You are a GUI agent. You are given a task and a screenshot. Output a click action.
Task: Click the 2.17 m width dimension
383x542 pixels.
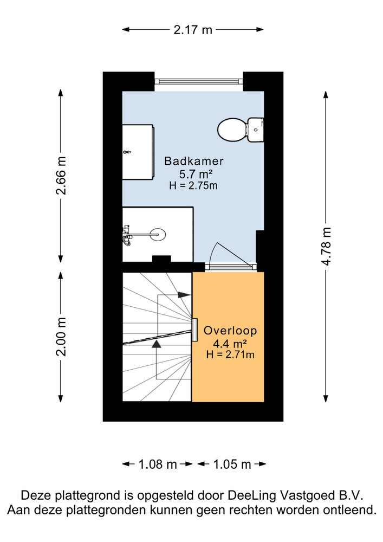pyautogui.click(x=193, y=30)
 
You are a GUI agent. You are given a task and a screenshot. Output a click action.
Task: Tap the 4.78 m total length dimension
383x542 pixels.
pyautogui.click(x=326, y=246)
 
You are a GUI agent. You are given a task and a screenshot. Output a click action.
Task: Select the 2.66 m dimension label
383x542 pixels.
pyautogui.click(x=61, y=176)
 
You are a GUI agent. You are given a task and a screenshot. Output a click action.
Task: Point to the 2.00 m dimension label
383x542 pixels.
pyautogui.click(x=61, y=337)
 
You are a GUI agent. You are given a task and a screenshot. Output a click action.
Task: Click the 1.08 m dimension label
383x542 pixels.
pyautogui.click(x=158, y=464)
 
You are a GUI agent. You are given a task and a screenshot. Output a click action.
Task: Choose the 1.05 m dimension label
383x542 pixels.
pyautogui.click(x=232, y=464)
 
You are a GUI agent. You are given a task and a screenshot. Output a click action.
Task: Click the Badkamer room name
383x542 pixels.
pyautogui.click(x=194, y=161)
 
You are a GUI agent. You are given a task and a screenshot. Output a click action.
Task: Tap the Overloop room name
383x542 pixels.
pyautogui.click(x=230, y=331)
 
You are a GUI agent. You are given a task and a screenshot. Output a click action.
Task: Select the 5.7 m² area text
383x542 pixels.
pyautogui.click(x=193, y=173)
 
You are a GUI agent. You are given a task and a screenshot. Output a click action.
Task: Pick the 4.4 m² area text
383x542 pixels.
pyautogui.click(x=230, y=343)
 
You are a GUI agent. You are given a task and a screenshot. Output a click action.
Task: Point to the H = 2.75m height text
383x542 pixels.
pyautogui.click(x=193, y=185)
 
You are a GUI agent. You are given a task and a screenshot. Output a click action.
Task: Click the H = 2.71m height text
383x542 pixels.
pyautogui.click(x=230, y=354)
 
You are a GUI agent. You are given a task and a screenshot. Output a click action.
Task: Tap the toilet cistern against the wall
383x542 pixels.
pyautogui.click(x=256, y=130)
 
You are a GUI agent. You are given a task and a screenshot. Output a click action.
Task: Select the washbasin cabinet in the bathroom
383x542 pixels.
pyautogui.click(x=138, y=152)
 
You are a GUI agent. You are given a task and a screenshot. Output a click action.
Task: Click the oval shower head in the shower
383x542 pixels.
pyautogui.click(x=158, y=235)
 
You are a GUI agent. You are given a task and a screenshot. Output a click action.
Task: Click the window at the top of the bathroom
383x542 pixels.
pyautogui.click(x=199, y=81)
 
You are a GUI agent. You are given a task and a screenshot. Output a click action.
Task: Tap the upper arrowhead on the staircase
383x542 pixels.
pyautogui.click(x=184, y=295)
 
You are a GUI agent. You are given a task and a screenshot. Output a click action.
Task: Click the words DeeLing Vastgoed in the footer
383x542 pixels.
pyautogui.click(x=281, y=495)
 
